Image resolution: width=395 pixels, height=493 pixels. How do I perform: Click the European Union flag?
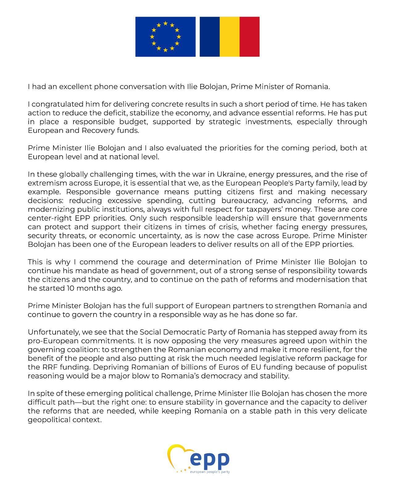[165, 37]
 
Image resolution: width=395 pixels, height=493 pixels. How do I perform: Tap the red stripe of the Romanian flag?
[249, 37]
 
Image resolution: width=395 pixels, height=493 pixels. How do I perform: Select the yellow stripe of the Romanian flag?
[230, 37]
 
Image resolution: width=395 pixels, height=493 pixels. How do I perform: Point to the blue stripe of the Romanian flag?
[210, 37]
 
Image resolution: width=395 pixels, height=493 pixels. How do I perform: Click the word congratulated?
[58, 104]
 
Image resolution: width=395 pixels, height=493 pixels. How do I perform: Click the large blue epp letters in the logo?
[210, 460]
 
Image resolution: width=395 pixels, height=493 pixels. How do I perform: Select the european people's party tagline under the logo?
[210, 472]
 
